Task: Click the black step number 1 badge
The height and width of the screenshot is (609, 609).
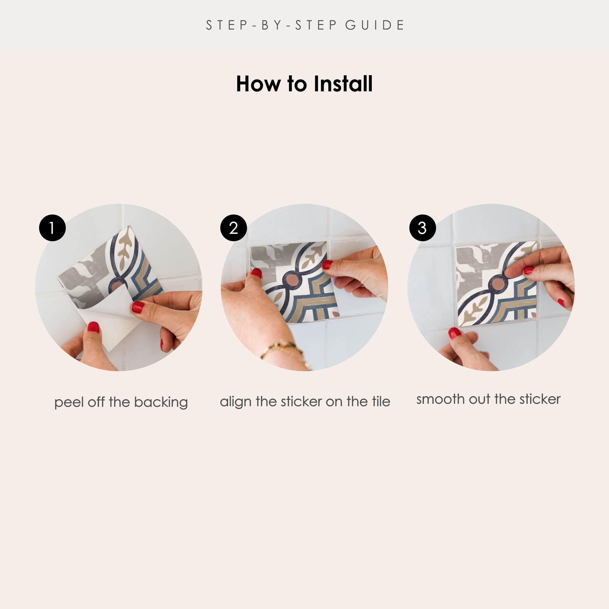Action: coord(52,228)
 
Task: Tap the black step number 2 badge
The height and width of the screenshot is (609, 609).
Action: coord(234,228)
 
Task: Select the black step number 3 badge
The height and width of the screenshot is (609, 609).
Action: coord(422,228)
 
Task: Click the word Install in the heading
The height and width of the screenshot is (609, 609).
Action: coord(343,84)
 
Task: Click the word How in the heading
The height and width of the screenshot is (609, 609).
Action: coord(258,84)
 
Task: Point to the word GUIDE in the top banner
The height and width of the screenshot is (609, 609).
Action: coord(375,25)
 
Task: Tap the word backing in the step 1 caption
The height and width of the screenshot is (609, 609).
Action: coord(161,402)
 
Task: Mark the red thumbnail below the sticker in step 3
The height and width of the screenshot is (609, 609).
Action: coord(454,333)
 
